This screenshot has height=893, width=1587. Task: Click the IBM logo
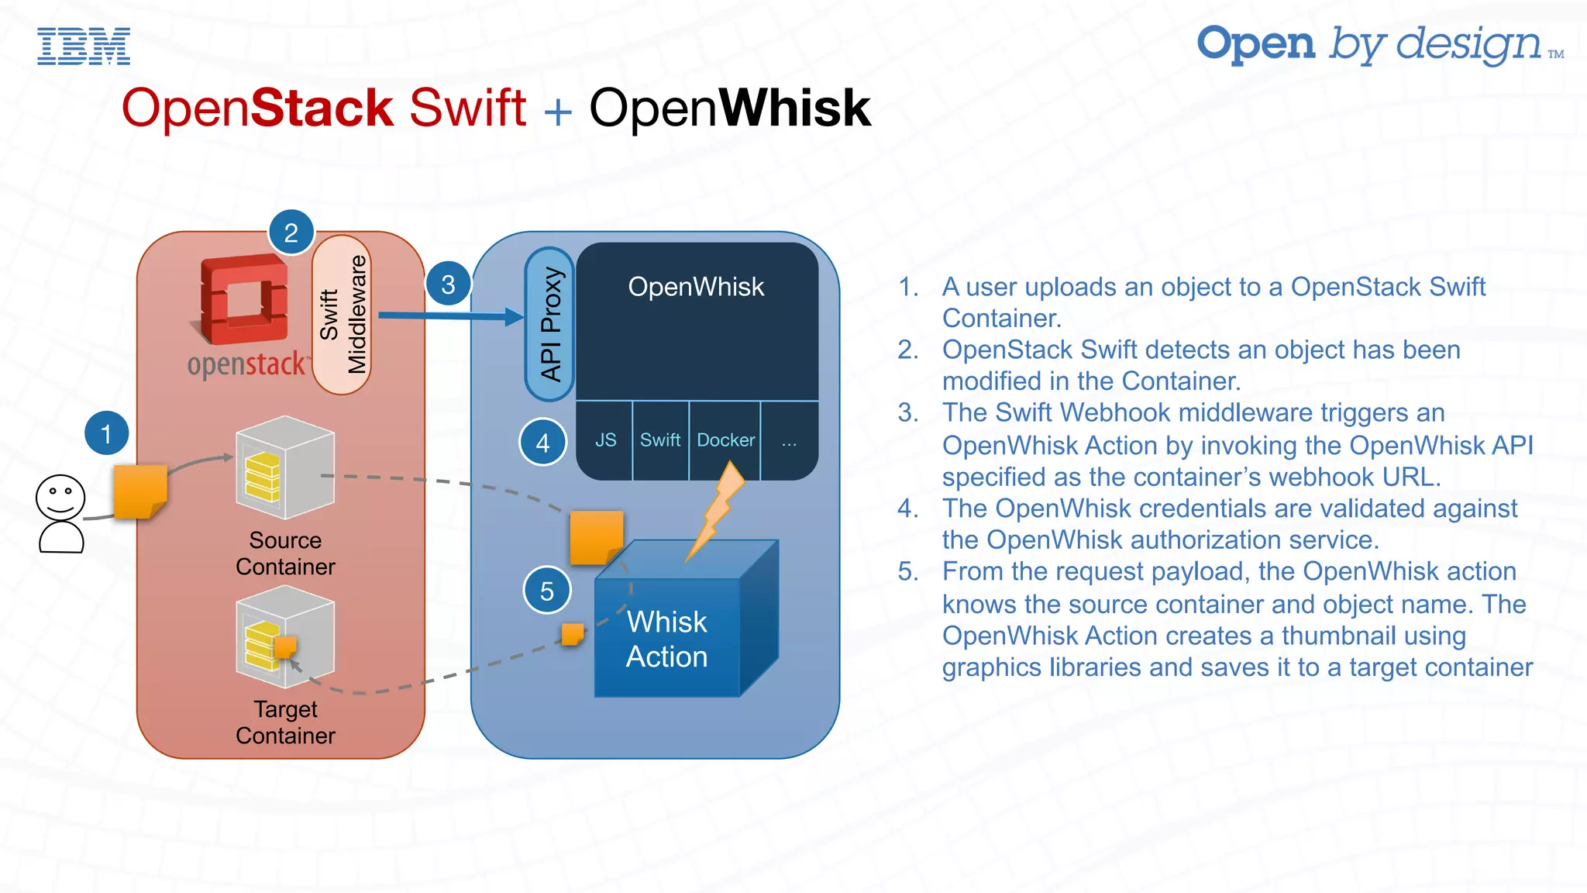(x=84, y=46)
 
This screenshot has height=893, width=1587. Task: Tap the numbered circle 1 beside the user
(x=106, y=433)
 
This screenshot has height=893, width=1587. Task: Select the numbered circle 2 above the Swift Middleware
(x=291, y=233)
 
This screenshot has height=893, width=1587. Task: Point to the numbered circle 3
(x=448, y=284)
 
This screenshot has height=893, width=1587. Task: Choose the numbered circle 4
(x=542, y=443)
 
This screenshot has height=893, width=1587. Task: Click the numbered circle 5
(x=547, y=591)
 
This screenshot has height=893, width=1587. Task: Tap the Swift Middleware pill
(x=342, y=315)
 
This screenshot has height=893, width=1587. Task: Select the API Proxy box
(x=549, y=324)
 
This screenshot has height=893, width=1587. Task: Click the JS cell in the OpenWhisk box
(x=605, y=440)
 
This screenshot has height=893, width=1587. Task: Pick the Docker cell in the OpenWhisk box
(x=725, y=440)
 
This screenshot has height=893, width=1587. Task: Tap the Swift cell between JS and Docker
(x=660, y=440)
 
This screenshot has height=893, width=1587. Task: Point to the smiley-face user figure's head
(x=60, y=497)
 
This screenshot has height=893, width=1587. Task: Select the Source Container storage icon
(x=285, y=467)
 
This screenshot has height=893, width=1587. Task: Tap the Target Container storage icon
(x=285, y=636)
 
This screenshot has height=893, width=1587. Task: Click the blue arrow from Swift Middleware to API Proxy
(x=450, y=315)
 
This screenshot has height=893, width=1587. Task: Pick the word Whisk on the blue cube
(x=666, y=622)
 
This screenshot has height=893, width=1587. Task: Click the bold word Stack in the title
(x=322, y=108)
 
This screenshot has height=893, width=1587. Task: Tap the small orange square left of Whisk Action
(x=573, y=634)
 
